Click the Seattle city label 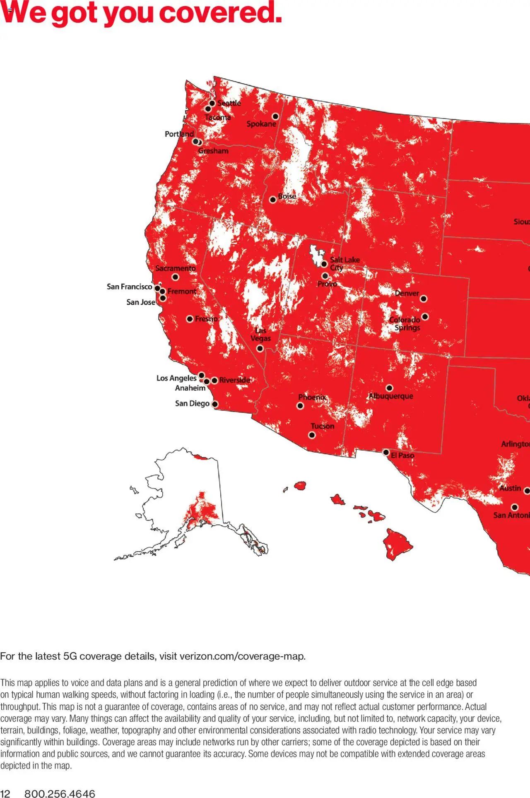(x=229, y=103)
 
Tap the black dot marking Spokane (x=275, y=116)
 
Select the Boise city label (x=287, y=196)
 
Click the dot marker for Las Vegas (x=260, y=348)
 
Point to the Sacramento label (x=176, y=268)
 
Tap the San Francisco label (x=129, y=287)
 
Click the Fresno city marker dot (x=190, y=319)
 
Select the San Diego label (x=192, y=403)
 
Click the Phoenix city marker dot (x=300, y=406)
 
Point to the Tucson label (x=322, y=426)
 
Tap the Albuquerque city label (x=391, y=396)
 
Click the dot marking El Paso (x=386, y=452)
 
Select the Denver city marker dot (x=424, y=299)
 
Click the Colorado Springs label (x=405, y=324)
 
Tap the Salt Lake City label (x=344, y=263)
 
